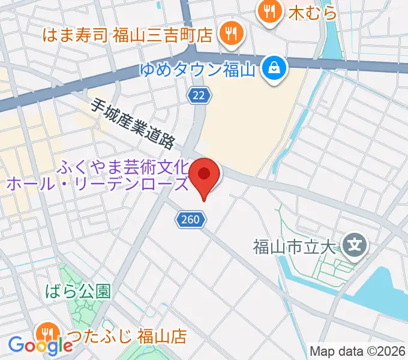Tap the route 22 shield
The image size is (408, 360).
click(199, 94)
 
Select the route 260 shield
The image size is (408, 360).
click(190, 220)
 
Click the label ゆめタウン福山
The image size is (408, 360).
click(198, 70)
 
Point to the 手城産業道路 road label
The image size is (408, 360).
click(133, 124)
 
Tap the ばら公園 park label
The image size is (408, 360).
click(78, 292)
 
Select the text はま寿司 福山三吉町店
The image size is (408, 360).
click(128, 35)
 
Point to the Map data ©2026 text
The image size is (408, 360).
click(358, 351)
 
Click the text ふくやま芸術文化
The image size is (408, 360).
click(124, 166)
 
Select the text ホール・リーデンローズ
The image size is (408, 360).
click(97, 183)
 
